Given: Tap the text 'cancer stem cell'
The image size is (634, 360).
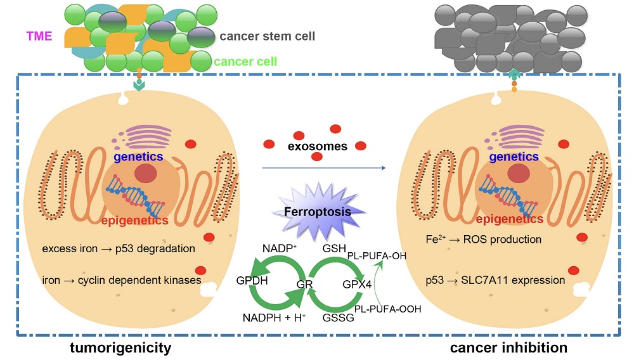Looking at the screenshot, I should [267, 36].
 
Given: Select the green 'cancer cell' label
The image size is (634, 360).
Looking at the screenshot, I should [244, 62].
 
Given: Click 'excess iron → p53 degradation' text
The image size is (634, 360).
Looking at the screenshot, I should [118, 248].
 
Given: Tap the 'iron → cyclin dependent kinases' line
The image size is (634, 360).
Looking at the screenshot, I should [121, 280].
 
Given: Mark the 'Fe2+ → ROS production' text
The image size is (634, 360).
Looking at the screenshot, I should [484, 240].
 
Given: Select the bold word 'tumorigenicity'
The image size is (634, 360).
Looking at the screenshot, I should [120, 347].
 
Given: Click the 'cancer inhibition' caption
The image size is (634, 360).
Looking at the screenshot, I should [508, 347].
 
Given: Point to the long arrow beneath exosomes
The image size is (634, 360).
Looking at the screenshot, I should [323, 168].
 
